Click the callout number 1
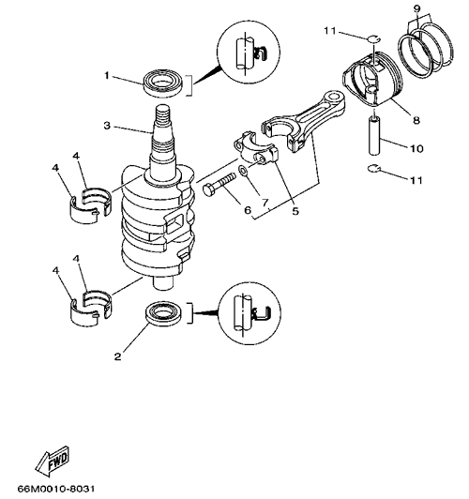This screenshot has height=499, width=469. click(107, 76)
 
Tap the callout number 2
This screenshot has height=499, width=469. click(118, 356)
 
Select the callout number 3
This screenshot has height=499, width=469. click(107, 126)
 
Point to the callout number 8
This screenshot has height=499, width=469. click(416, 120)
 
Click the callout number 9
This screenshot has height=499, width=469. click(417, 8)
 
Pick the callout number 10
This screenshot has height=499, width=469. click(416, 148)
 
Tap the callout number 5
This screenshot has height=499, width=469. click(295, 211)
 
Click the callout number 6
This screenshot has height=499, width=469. click(248, 210)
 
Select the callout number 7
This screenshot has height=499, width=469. click(265, 202)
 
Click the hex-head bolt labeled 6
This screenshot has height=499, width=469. click(219, 184)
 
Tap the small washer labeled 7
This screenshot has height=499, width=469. click(243, 171)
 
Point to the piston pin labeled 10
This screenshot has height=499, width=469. click(374, 136)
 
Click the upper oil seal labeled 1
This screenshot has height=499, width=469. click(163, 83)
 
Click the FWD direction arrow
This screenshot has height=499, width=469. click(53, 461)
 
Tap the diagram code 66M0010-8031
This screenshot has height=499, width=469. click(56, 489)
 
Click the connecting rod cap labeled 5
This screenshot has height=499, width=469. click(256, 149)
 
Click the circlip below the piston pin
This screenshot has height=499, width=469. click(373, 169)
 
